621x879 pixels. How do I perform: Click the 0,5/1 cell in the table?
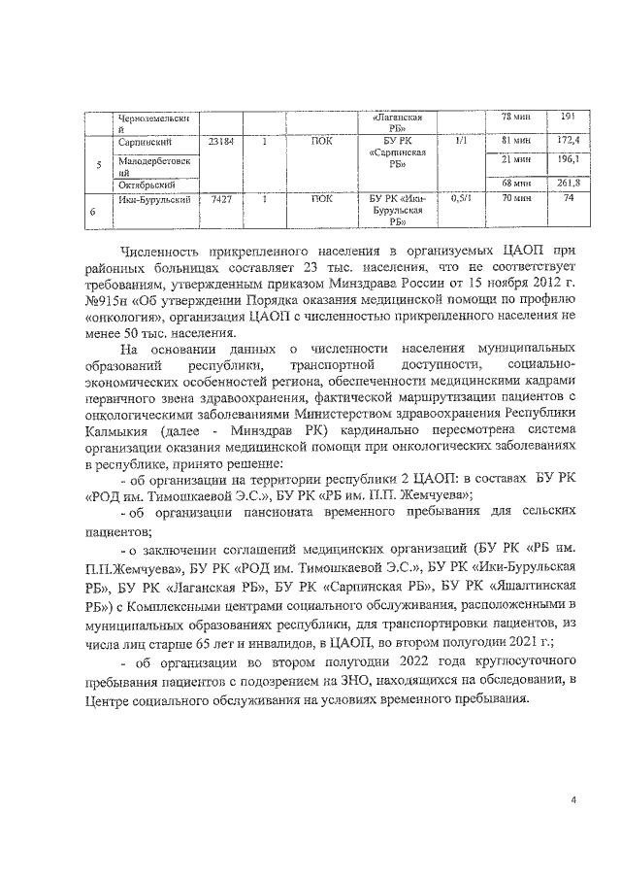pos(462,198)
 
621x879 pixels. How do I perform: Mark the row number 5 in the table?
pos(99,163)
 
